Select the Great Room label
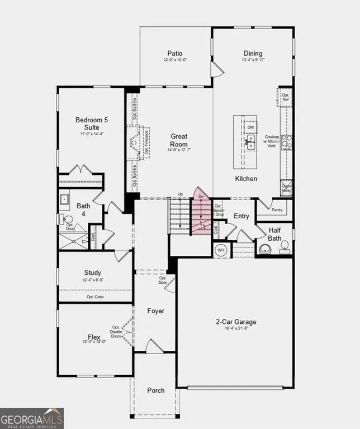click(x=179, y=140)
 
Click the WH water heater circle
click(x=221, y=250)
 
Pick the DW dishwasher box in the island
click(x=250, y=127)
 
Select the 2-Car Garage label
click(x=236, y=322)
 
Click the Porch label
click(x=156, y=390)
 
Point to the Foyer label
click(x=155, y=311)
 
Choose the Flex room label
click(x=94, y=337)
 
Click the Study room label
click(x=92, y=273)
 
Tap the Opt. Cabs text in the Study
click(x=94, y=297)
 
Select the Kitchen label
click(x=246, y=179)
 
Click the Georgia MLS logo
click(x=32, y=418)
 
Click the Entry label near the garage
click(x=241, y=216)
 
